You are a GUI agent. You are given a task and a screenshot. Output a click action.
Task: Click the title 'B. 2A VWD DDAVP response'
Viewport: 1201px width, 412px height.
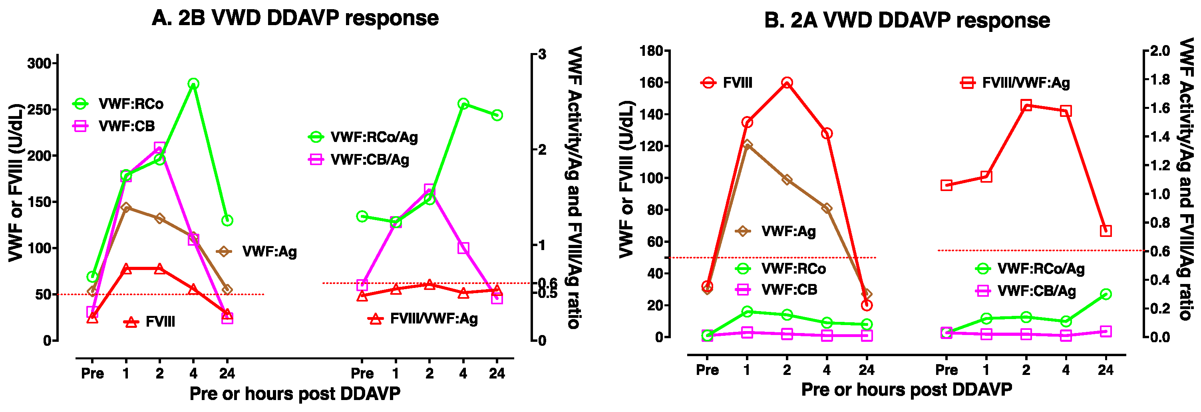click(x=907, y=20)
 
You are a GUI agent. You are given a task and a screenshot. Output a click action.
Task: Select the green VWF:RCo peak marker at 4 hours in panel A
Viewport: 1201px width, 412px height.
click(x=193, y=84)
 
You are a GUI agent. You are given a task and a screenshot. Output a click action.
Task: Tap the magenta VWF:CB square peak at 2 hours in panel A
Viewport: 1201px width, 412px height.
click(x=159, y=148)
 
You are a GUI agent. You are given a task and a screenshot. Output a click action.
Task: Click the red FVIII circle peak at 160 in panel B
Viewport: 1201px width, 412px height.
click(x=787, y=83)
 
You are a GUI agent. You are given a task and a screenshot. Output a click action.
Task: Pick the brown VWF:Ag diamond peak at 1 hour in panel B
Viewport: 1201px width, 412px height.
click(x=747, y=145)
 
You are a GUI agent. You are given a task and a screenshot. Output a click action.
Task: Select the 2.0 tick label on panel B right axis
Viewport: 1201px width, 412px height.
click(x=1160, y=51)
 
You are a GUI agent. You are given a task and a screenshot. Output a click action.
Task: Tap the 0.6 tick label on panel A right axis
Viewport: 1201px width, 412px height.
click(x=548, y=283)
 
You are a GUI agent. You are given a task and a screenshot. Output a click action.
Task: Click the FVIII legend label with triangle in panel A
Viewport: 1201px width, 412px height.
click(x=160, y=322)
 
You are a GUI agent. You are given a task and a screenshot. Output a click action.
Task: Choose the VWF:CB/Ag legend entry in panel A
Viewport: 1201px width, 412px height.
click(x=369, y=160)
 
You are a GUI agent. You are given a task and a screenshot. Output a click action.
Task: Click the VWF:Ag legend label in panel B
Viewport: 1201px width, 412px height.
click(x=788, y=231)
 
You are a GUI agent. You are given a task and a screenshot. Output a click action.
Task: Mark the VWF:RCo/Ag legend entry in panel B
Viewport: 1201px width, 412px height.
click(x=1041, y=268)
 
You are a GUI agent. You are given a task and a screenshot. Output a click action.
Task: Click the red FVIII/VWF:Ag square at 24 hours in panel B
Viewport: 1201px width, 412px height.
click(x=1106, y=231)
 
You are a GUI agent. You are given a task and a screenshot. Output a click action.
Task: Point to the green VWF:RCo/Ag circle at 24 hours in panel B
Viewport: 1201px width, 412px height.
click(x=1106, y=294)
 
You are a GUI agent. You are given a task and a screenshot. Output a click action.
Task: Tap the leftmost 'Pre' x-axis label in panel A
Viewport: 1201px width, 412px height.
click(x=92, y=373)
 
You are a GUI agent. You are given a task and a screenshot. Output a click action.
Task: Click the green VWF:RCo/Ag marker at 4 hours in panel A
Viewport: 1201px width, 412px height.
click(x=463, y=104)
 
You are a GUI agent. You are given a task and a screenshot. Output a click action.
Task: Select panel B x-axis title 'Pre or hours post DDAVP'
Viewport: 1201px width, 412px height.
click(x=907, y=390)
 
